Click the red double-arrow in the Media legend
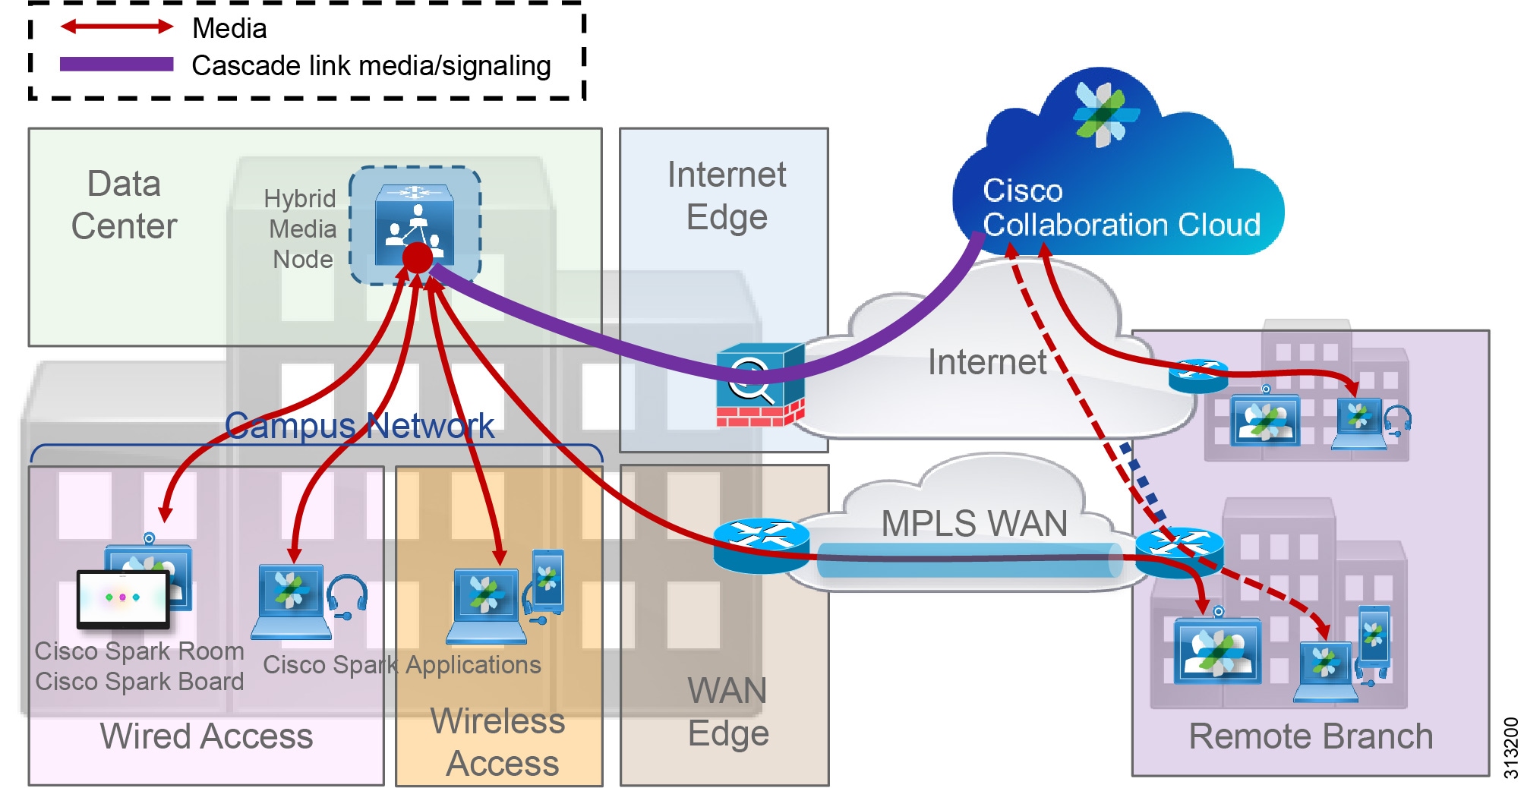[x=117, y=27]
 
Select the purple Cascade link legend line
[x=117, y=65]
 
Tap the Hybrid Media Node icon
[x=414, y=225]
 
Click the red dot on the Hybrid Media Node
[x=417, y=258]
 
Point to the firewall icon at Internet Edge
[x=759, y=385]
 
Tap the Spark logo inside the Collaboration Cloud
[x=1105, y=114]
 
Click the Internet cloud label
[x=986, y=362]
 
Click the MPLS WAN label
[x=974, y=524]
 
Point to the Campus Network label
[x=359, y=426]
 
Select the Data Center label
[x=124, y=205]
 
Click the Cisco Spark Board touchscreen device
[x=123, y=599]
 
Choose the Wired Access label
[x=206, y=736]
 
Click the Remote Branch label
[x=1310, y=736]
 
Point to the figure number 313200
[x=1510, y=748]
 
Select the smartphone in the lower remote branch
[x=1374, y=636]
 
